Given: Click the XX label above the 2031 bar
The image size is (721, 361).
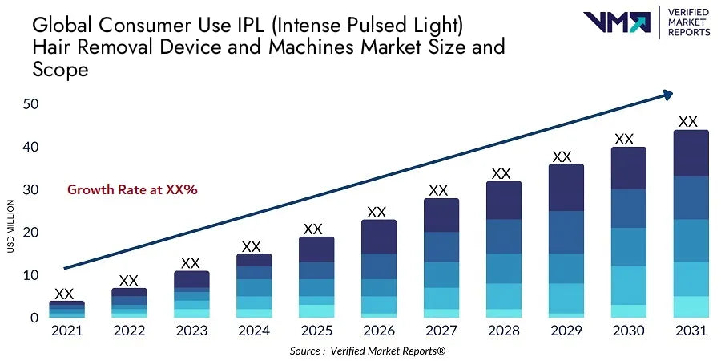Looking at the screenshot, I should (x=687, y=122).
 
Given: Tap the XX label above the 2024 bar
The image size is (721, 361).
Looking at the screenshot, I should (x=252, y=246).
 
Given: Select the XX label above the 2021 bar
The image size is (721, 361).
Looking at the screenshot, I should (x=64, y=294).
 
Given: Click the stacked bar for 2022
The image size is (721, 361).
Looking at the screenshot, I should (x=128, y=303).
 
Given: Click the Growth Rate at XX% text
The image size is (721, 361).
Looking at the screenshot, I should (x=132, y=190).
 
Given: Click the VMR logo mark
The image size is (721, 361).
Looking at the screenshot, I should (x=617, y=22).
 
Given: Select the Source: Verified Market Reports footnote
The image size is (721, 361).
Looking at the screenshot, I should (x=378, y=351).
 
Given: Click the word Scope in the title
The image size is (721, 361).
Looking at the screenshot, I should (x=60, y=70).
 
